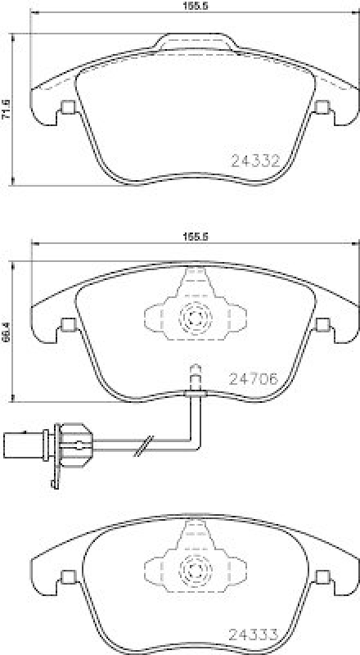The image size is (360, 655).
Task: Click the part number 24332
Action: coord(255,161)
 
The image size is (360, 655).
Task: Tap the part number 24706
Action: coord(255,378)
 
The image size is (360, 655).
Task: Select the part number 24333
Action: coord(255,632)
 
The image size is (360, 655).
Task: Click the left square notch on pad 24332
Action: coord(68,106)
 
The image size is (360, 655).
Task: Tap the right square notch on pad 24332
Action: coord(322,106)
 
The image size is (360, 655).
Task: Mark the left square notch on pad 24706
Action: coord(68,325)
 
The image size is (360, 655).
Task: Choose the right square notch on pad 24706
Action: coord(322,325)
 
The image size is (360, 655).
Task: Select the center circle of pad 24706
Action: coord(195,316)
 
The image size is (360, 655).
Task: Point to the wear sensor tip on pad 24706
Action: coord(195,373)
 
